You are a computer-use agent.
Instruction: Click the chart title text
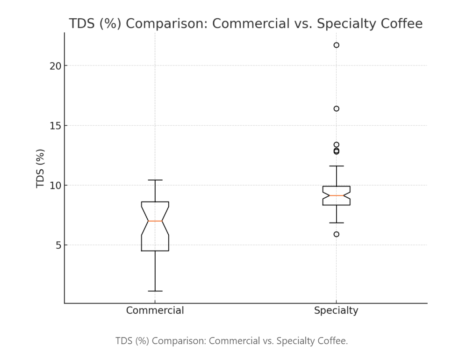(246, 24)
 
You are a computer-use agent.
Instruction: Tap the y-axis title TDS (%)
(41, 168)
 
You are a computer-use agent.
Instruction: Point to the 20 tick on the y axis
(56, 66)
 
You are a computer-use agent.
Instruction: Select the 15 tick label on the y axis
(56, 126)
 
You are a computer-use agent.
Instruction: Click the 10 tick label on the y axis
(56, 185)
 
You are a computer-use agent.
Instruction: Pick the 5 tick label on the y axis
(58, 245)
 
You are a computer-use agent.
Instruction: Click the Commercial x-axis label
(155, 310)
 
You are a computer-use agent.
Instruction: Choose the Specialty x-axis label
(336, 310)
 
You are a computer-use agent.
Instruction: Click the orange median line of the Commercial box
(155, 221)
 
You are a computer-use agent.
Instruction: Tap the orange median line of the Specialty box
(336, 195)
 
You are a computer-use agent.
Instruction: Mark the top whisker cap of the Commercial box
(155, 180)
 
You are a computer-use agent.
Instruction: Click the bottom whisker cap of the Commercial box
(155, 291)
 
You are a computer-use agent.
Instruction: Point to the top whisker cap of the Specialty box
(336, 166)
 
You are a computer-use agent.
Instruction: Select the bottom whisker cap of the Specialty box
(336, 223)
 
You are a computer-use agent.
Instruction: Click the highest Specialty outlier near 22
(336, 45)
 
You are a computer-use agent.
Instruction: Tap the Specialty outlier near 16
(336, 108)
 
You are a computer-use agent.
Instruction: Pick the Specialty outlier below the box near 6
(336, 234)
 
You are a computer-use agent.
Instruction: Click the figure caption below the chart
(232, 341)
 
